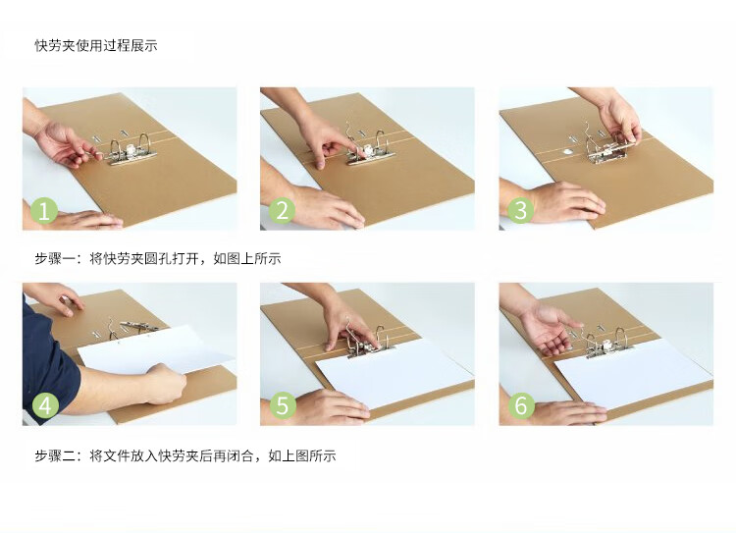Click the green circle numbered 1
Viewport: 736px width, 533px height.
[44, 210]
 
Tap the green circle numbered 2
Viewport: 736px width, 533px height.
[282, 210]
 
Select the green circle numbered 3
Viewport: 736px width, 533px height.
[520, 210]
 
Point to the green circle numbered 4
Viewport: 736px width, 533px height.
[45, 405]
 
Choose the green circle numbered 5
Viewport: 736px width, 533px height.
[283, 405]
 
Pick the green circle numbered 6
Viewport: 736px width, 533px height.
[521, 405]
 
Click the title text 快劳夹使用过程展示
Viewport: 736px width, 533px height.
[96, 45]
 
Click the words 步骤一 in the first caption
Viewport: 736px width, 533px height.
[55, 258]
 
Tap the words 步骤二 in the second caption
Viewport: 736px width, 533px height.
[55, 455]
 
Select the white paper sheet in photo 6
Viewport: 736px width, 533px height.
[634, 373]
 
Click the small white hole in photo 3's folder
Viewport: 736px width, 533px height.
[567, 151]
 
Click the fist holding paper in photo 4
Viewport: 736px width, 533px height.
[164, 383]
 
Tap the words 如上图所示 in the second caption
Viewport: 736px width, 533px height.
[302, 455]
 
